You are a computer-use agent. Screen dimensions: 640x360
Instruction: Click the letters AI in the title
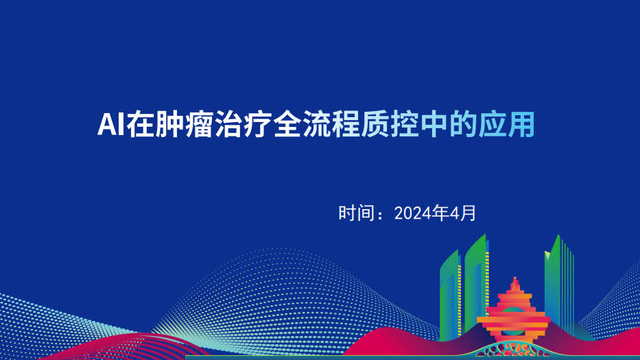110,124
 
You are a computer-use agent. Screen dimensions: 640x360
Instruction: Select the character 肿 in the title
169,124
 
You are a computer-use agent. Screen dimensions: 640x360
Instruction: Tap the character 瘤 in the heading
199,124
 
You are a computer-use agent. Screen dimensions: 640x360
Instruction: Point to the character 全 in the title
287,124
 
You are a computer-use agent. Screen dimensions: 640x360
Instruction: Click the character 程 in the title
346,124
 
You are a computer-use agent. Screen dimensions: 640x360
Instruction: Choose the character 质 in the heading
375,124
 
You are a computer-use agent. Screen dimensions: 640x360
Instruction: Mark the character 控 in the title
405,124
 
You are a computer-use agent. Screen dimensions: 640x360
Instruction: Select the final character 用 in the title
521,124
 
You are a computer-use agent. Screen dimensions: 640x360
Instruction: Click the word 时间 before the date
357,213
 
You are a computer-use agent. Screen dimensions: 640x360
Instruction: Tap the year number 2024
413,213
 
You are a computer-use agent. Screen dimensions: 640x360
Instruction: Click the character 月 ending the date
468,213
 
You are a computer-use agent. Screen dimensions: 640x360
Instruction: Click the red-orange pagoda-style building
514,312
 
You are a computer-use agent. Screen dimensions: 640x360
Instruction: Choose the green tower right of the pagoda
559,283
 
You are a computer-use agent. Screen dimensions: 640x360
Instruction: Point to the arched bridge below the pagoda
513,350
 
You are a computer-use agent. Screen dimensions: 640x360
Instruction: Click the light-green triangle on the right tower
547,256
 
